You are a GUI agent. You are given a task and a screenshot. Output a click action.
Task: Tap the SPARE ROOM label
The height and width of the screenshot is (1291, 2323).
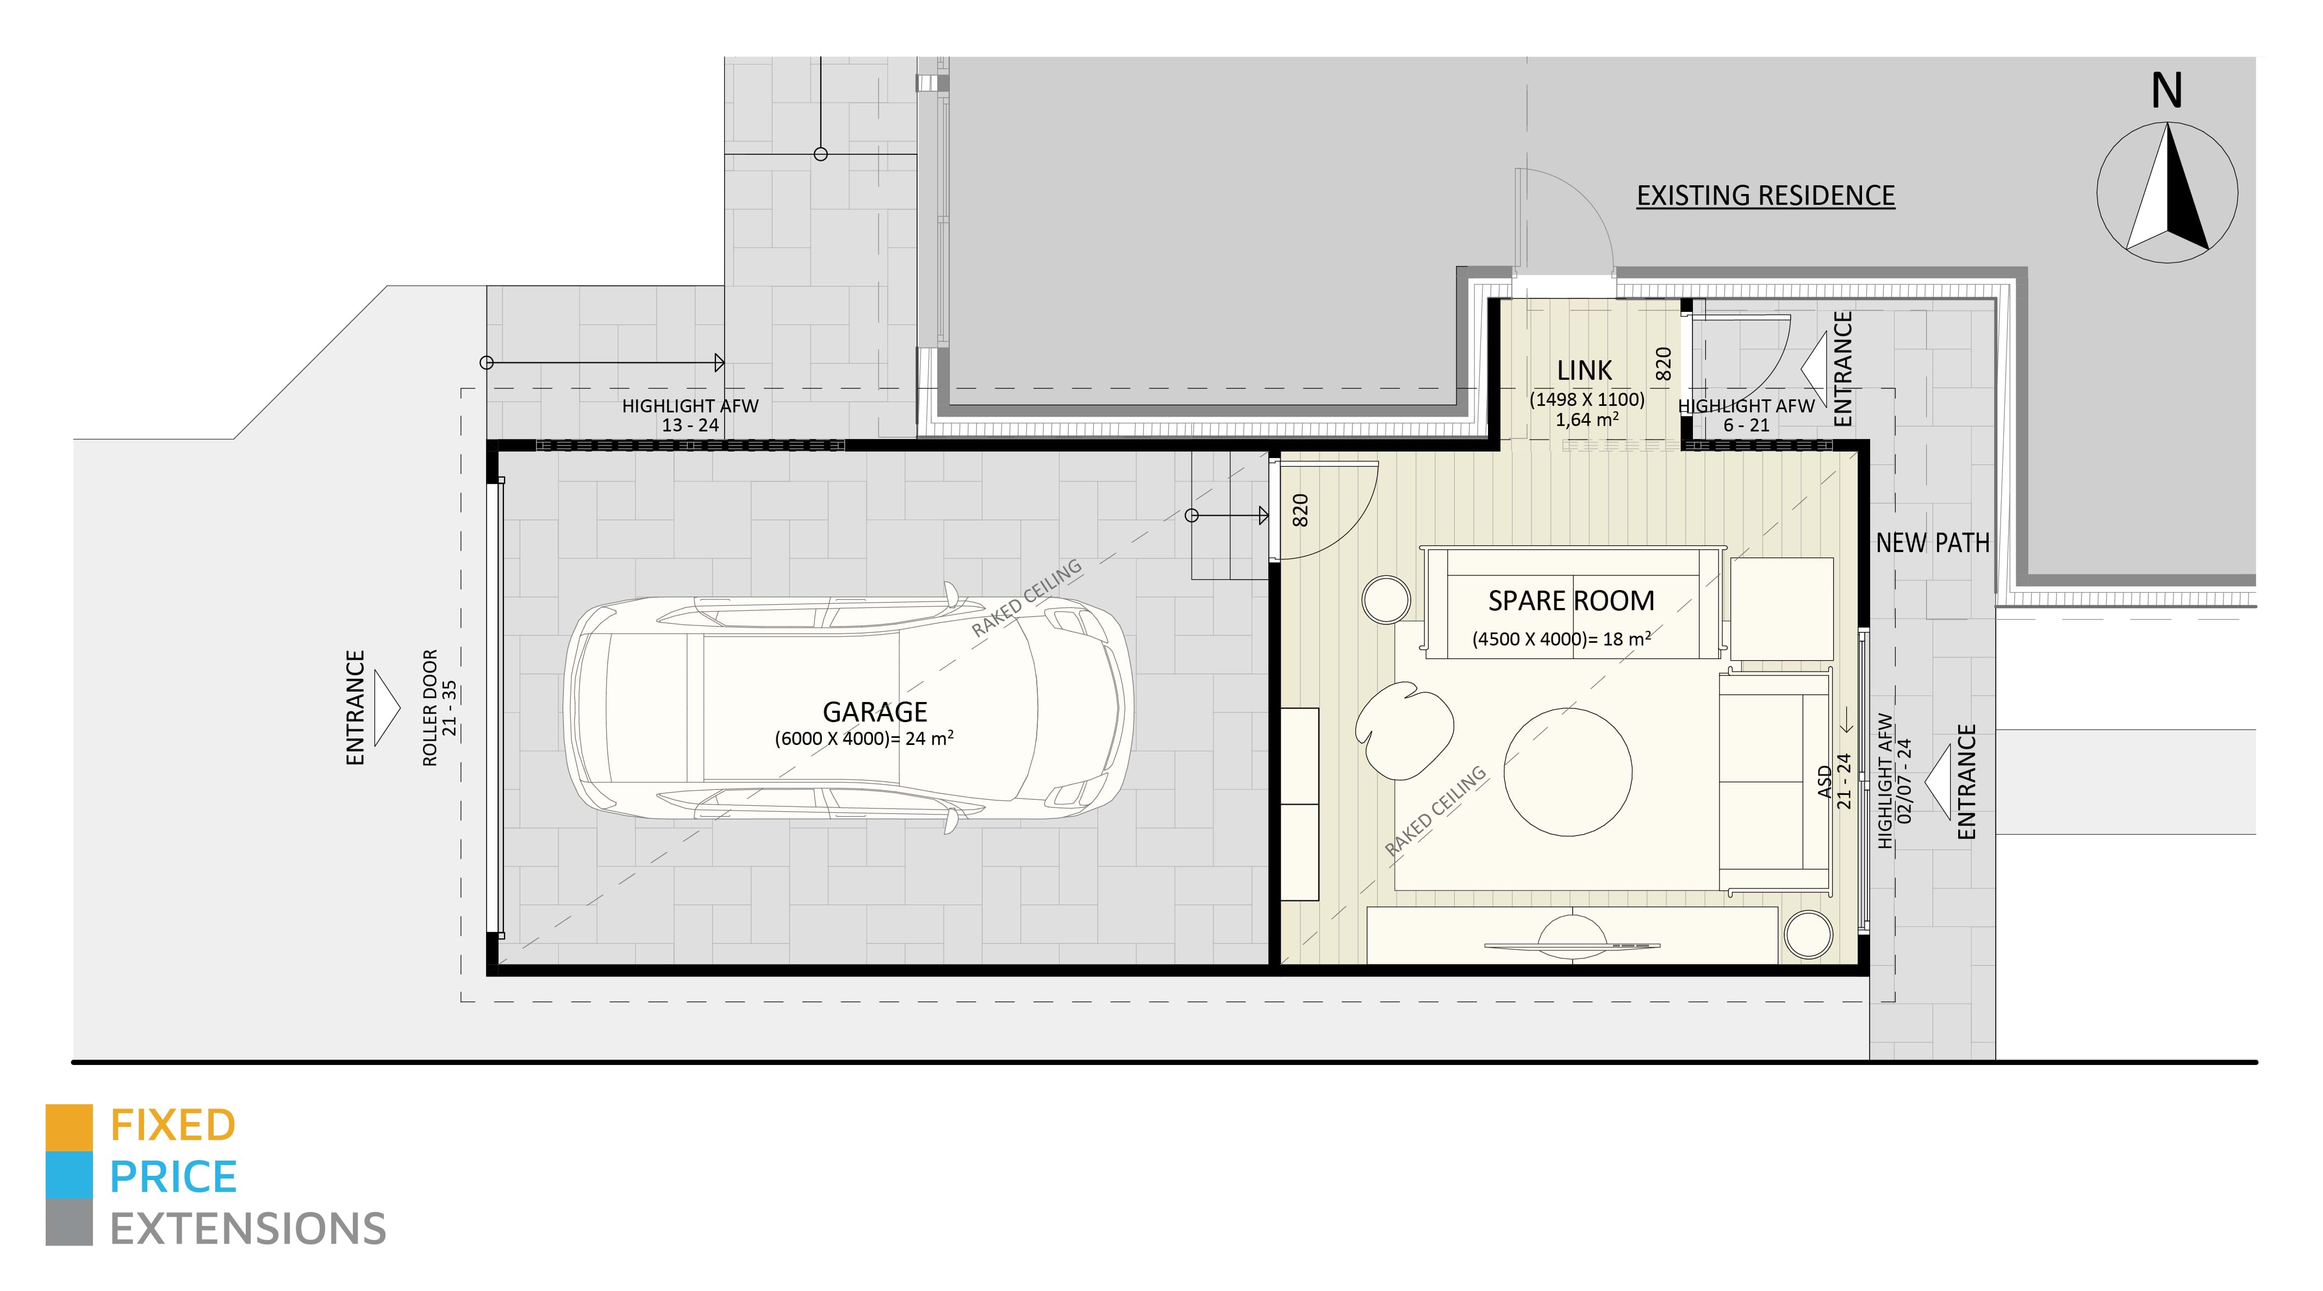point(1571,600)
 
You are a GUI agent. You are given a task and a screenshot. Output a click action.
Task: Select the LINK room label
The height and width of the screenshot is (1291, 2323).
point(1584,371)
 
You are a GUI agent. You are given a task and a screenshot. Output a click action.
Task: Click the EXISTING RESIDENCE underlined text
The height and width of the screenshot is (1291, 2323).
point(1765,196)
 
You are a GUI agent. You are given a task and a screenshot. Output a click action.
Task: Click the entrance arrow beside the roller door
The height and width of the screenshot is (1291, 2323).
point(386,707)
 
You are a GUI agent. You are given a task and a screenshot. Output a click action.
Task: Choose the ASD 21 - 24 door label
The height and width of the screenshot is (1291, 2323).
point(1833,781)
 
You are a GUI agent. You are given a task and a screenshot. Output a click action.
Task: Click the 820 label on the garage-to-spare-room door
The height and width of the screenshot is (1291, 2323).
point(1299,510)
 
